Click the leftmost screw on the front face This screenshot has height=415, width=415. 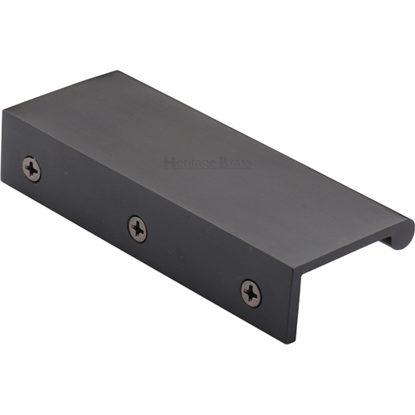pyautogui.click(x=32, y=168)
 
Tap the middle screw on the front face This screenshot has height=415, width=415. pyautogui.click(x=137, y=227)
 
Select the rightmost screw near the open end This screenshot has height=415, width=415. pyautogui.click(x=251, y=291)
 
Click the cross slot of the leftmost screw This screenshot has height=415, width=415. pyautogui.click(x=32, y=168)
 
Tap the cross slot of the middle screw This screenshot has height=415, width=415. pyautogui.click(x=137, y=227)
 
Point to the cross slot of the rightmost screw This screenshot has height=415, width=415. pyautogui.click(x=251, y=291)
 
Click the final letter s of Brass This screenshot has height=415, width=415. pyautogui.click(x=248, y=163)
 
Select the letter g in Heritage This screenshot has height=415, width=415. pyautogui.click(x=203, y=163)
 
